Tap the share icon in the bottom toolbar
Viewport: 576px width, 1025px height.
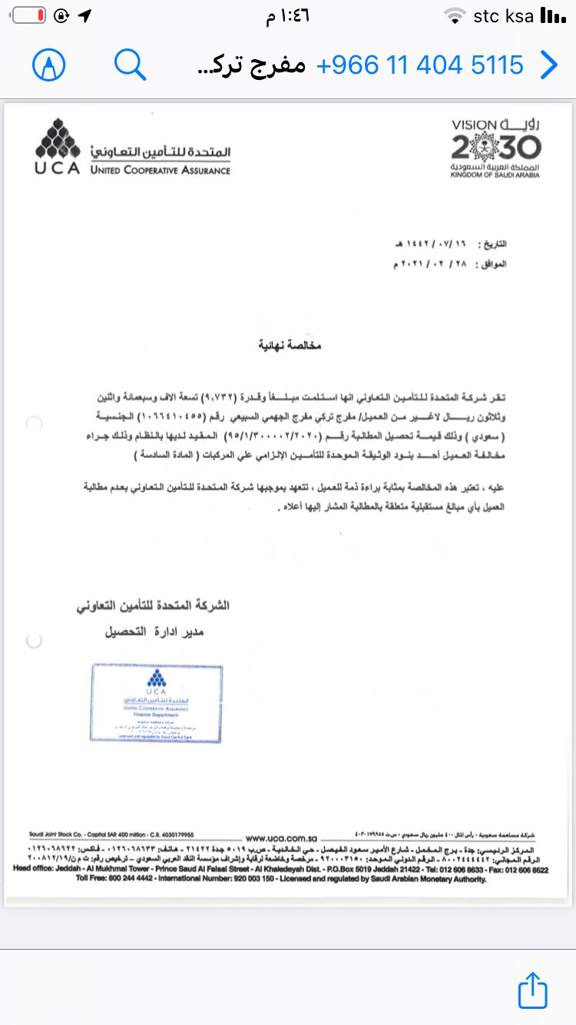coord(532,990)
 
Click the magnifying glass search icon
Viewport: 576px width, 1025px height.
coord(130,65)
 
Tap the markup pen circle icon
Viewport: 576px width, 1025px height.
coord(49,65)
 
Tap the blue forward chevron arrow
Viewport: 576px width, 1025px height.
coord(548,65)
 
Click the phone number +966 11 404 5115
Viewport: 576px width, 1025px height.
coord(420,65)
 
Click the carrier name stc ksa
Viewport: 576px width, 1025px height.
coord(503,16)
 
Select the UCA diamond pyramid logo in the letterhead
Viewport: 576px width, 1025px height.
coord(57,140)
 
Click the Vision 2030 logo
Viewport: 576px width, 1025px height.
coord(495,148)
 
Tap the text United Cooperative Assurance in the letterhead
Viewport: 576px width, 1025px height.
coord(160,170)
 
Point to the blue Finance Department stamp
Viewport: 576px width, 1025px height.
coord(156,703)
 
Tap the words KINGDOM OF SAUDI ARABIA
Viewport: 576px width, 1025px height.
coord(495,175)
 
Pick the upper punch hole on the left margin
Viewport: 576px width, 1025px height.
coord(34,423)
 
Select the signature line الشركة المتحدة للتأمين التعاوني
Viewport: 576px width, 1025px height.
coord(152,605)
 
